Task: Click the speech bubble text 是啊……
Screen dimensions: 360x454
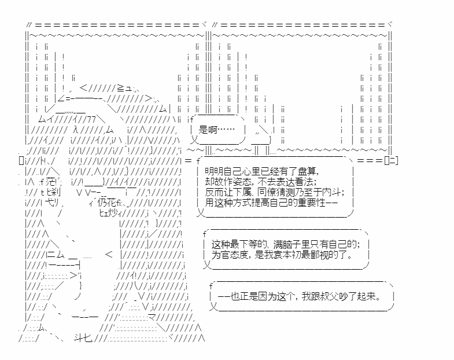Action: point(217,130)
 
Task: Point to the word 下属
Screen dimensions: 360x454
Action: point(256,192)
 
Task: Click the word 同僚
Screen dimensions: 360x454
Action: point(280,192)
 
